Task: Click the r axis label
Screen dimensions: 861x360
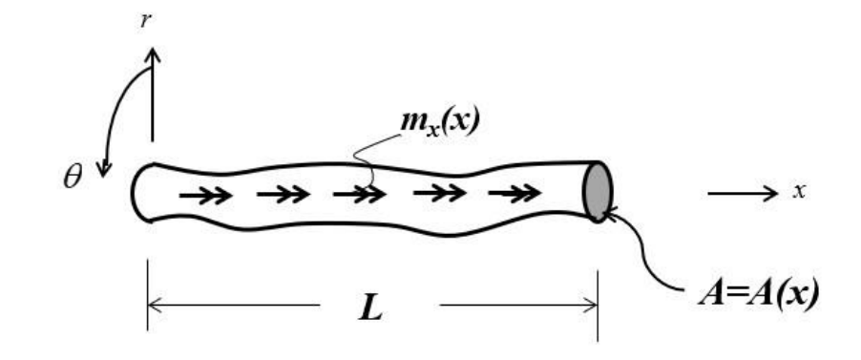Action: (x=145, y=21)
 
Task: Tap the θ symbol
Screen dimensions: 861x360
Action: (x=73, y=179)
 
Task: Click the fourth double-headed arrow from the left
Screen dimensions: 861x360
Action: (x=434, y=195)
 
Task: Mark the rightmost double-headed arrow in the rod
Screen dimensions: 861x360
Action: (x=510, y=195)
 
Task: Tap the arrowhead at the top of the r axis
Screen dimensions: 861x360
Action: (x=151, y=53)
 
